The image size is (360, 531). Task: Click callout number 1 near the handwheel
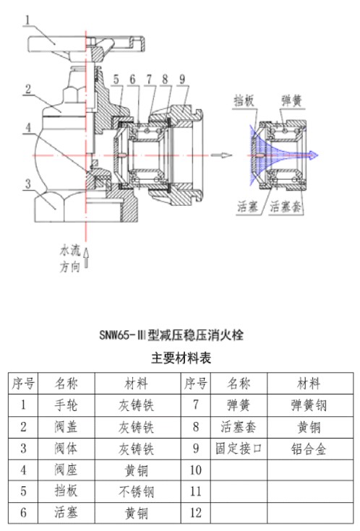(27, 20)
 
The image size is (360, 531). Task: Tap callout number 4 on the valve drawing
(28, 128)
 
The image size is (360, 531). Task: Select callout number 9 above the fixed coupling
(182, 79)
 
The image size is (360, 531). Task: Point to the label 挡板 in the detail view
(244, 100)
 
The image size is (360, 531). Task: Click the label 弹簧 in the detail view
(291, 100)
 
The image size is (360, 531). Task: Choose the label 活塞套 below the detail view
(286, 206)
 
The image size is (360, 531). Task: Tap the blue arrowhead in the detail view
(314, 155)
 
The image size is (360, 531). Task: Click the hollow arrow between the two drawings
(222, 155)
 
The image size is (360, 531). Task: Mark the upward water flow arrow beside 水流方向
(86, 258)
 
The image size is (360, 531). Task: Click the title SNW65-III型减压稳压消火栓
(171, 335)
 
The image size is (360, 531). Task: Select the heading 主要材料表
(181, 358)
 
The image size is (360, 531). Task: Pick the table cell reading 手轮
(66, 405)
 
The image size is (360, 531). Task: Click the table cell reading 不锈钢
(137, 491)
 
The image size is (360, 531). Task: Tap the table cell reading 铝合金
(309, 449)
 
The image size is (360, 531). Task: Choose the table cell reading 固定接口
(239, 449)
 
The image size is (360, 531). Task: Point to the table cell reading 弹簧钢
(309, 405)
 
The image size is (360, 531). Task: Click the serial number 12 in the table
(196, 513)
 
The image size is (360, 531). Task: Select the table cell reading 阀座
(66, 470)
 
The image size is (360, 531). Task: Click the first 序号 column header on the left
(23, 384)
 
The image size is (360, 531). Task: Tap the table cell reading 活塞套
(239, 427)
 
